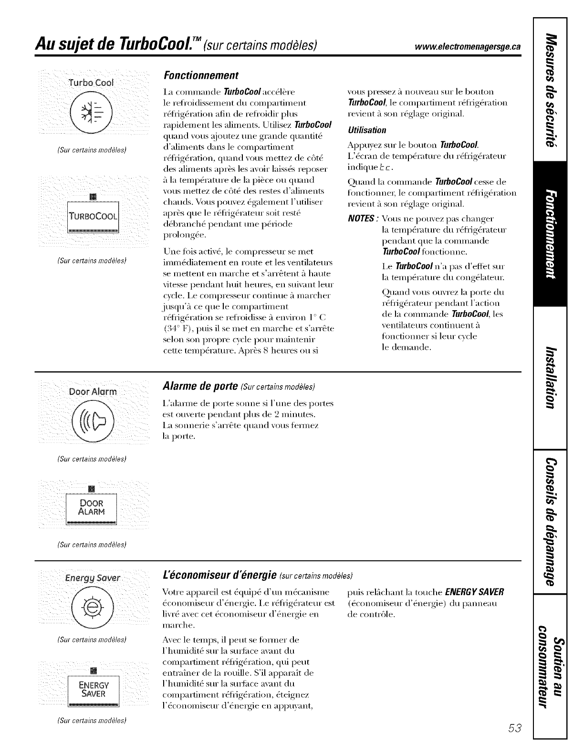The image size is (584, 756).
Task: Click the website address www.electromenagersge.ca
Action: point(468,46)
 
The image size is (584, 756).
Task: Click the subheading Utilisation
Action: point(367,130)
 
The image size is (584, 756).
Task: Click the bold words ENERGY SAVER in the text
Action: point(474,592)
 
